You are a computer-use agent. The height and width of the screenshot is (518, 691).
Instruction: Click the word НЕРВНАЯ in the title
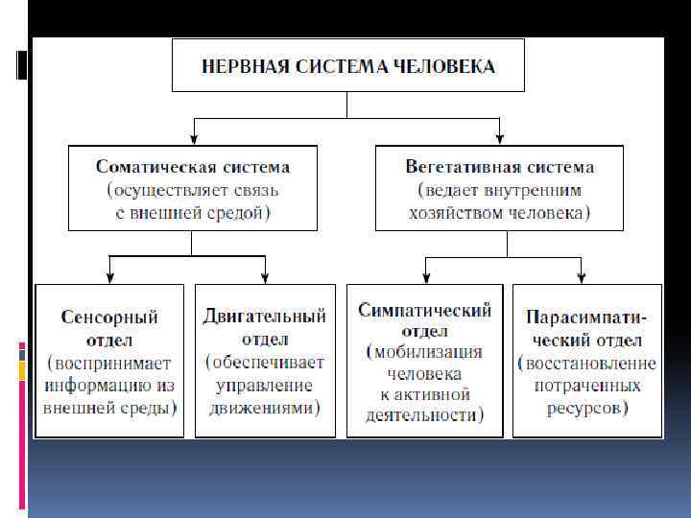(245, 66)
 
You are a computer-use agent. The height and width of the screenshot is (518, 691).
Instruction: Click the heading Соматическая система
(193, 167)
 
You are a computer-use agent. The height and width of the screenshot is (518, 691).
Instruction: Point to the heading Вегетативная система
(499, 167)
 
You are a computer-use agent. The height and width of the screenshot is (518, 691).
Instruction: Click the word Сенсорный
(108, 317)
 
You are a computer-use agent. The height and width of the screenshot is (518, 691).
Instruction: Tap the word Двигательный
(265, 316)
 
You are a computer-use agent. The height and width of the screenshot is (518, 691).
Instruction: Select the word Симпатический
(424, 310)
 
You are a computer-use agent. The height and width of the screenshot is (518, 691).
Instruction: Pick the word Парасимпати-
(586, 317)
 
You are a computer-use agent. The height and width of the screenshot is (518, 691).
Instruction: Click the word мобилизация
(425, 352)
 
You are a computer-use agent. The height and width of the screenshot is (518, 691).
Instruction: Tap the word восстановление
(587, 364)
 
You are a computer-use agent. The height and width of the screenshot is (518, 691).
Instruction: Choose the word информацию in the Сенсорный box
(100, 385)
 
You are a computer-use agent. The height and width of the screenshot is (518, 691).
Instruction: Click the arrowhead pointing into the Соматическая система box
(193, 139)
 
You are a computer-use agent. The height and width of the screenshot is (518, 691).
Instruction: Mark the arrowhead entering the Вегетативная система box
(499, 139)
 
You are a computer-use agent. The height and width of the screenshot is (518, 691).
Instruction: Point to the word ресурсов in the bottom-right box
(587, 408)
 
